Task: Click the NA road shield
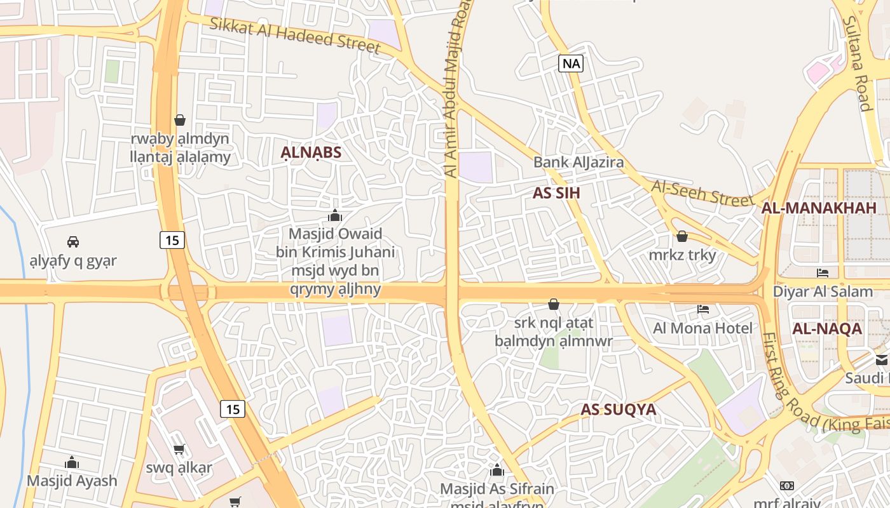(571, 63)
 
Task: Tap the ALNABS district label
(311, 152)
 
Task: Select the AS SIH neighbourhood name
(556, 193)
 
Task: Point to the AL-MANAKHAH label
(819, 208)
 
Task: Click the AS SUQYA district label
(618, 410)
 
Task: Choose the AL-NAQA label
(827, 329)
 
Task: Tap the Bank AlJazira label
(578, 163)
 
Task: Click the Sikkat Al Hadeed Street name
(295, 35)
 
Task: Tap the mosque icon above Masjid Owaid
(335, 215)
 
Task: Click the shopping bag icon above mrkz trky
(682, 236)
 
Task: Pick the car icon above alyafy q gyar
(73, 241)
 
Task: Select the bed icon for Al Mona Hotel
(703, 309)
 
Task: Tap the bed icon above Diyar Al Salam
(823, 273)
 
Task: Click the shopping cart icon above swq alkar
(179, 449)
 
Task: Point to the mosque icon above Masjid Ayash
(72, 462)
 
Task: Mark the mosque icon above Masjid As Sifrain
(496, 470)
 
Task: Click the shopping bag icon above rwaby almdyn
(180, 119)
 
